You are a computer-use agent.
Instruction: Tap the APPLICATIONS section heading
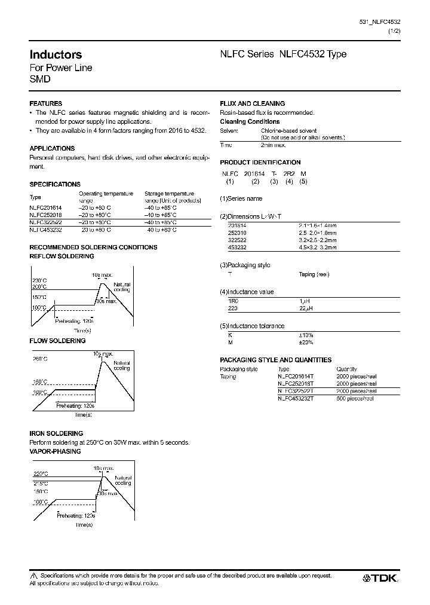[52, 148]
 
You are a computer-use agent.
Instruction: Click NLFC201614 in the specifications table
[45, 206]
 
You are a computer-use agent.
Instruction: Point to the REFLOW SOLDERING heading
[62, 256]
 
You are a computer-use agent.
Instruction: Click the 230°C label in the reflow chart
[40, 281]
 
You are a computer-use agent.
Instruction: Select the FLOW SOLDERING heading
[57, 341]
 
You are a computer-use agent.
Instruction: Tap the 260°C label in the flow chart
[40, 359]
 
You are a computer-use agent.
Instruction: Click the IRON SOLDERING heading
[56, 433]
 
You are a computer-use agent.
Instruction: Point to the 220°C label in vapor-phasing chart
[40, 473]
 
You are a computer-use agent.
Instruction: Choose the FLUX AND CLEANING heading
[252, 103]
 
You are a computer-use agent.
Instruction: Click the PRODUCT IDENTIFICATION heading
[260, 162]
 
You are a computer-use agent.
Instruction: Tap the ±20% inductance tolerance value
[306, 342]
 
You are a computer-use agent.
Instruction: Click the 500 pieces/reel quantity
[355, 398]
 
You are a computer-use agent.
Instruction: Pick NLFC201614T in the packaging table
[295, 377]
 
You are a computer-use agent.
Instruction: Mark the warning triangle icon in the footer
[33, 576]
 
